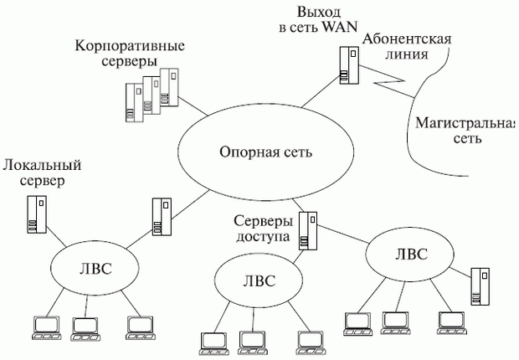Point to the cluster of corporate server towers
click(152, 95)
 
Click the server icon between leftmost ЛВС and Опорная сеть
click(161, 216)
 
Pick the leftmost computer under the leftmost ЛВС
click(42, 327)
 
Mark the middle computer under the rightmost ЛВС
click(394, 321)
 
